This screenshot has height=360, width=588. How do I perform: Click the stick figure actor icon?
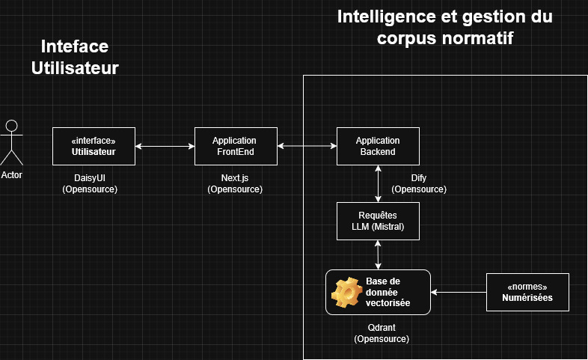10,142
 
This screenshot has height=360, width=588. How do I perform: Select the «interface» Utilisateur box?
94,146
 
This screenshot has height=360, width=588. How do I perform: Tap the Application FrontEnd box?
234,146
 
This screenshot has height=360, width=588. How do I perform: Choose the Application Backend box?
377,146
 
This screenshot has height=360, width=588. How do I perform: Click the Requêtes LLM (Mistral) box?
377,221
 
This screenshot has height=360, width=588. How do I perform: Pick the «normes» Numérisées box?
527,292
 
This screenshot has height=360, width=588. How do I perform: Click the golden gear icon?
347,293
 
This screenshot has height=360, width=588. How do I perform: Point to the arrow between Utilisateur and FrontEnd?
165,146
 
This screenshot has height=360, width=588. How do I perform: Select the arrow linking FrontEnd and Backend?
306,146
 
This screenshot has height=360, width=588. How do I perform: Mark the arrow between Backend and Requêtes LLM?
378,183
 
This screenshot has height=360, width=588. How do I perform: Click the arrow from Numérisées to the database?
459,292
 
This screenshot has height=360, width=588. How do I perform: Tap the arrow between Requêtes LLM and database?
378,254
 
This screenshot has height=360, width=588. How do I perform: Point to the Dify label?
419,179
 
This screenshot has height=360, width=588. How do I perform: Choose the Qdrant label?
382,328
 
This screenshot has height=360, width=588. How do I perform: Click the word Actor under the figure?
12,174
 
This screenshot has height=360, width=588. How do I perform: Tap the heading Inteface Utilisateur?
75,57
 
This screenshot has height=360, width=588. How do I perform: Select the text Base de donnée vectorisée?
388,292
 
